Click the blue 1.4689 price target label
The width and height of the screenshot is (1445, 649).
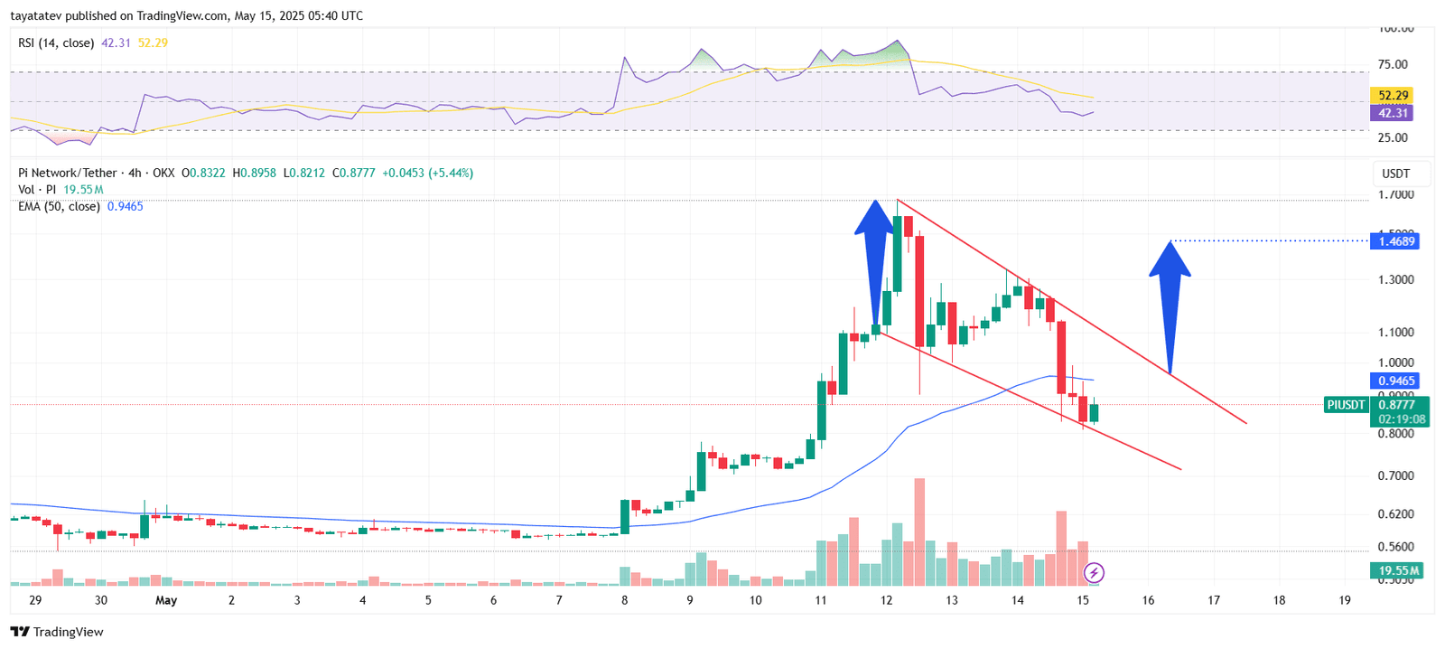pyautogui.click(x=1394, y=241)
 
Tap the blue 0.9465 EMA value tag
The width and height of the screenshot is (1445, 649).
pyautogui.click(x=1394, y=381)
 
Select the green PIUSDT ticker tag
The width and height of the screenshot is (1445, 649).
pyautogui.click(x=1346, y=405)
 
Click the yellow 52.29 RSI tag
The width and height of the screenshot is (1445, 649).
pyautogui.click(x=1392, y=96)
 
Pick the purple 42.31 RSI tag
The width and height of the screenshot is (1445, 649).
pyautogui.click(x=1392, y=113)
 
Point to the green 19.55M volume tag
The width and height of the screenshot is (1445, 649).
pyautogui.click(x=1396, y=570)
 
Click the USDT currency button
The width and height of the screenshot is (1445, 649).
pyautogui.click(x=1395, y=174)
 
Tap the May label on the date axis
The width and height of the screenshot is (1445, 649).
pyautogui.click(x=166, y=600)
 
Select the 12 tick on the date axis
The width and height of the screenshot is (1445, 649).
pyautogui.click(x=886, y=600)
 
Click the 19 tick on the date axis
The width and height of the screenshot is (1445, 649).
pyautogui.click(x=1344, y=600)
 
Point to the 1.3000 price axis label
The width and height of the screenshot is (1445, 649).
pyautogui.click(x=1395, y=280)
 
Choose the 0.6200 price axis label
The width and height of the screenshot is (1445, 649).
pyautogui.click(x=1395, y=514)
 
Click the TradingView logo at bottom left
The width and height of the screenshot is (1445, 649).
pyautogui.click(x=57, y=632)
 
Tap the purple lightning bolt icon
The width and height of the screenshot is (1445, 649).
pyautogui.click(x=1094, y=572)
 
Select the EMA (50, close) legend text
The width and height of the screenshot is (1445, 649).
pyautogui.click(x=59, y=207)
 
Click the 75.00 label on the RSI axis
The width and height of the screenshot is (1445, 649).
pyautogui.click(x=1393, y=64)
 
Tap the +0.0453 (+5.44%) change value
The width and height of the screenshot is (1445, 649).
pyautogui.click(x=427, y=173)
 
